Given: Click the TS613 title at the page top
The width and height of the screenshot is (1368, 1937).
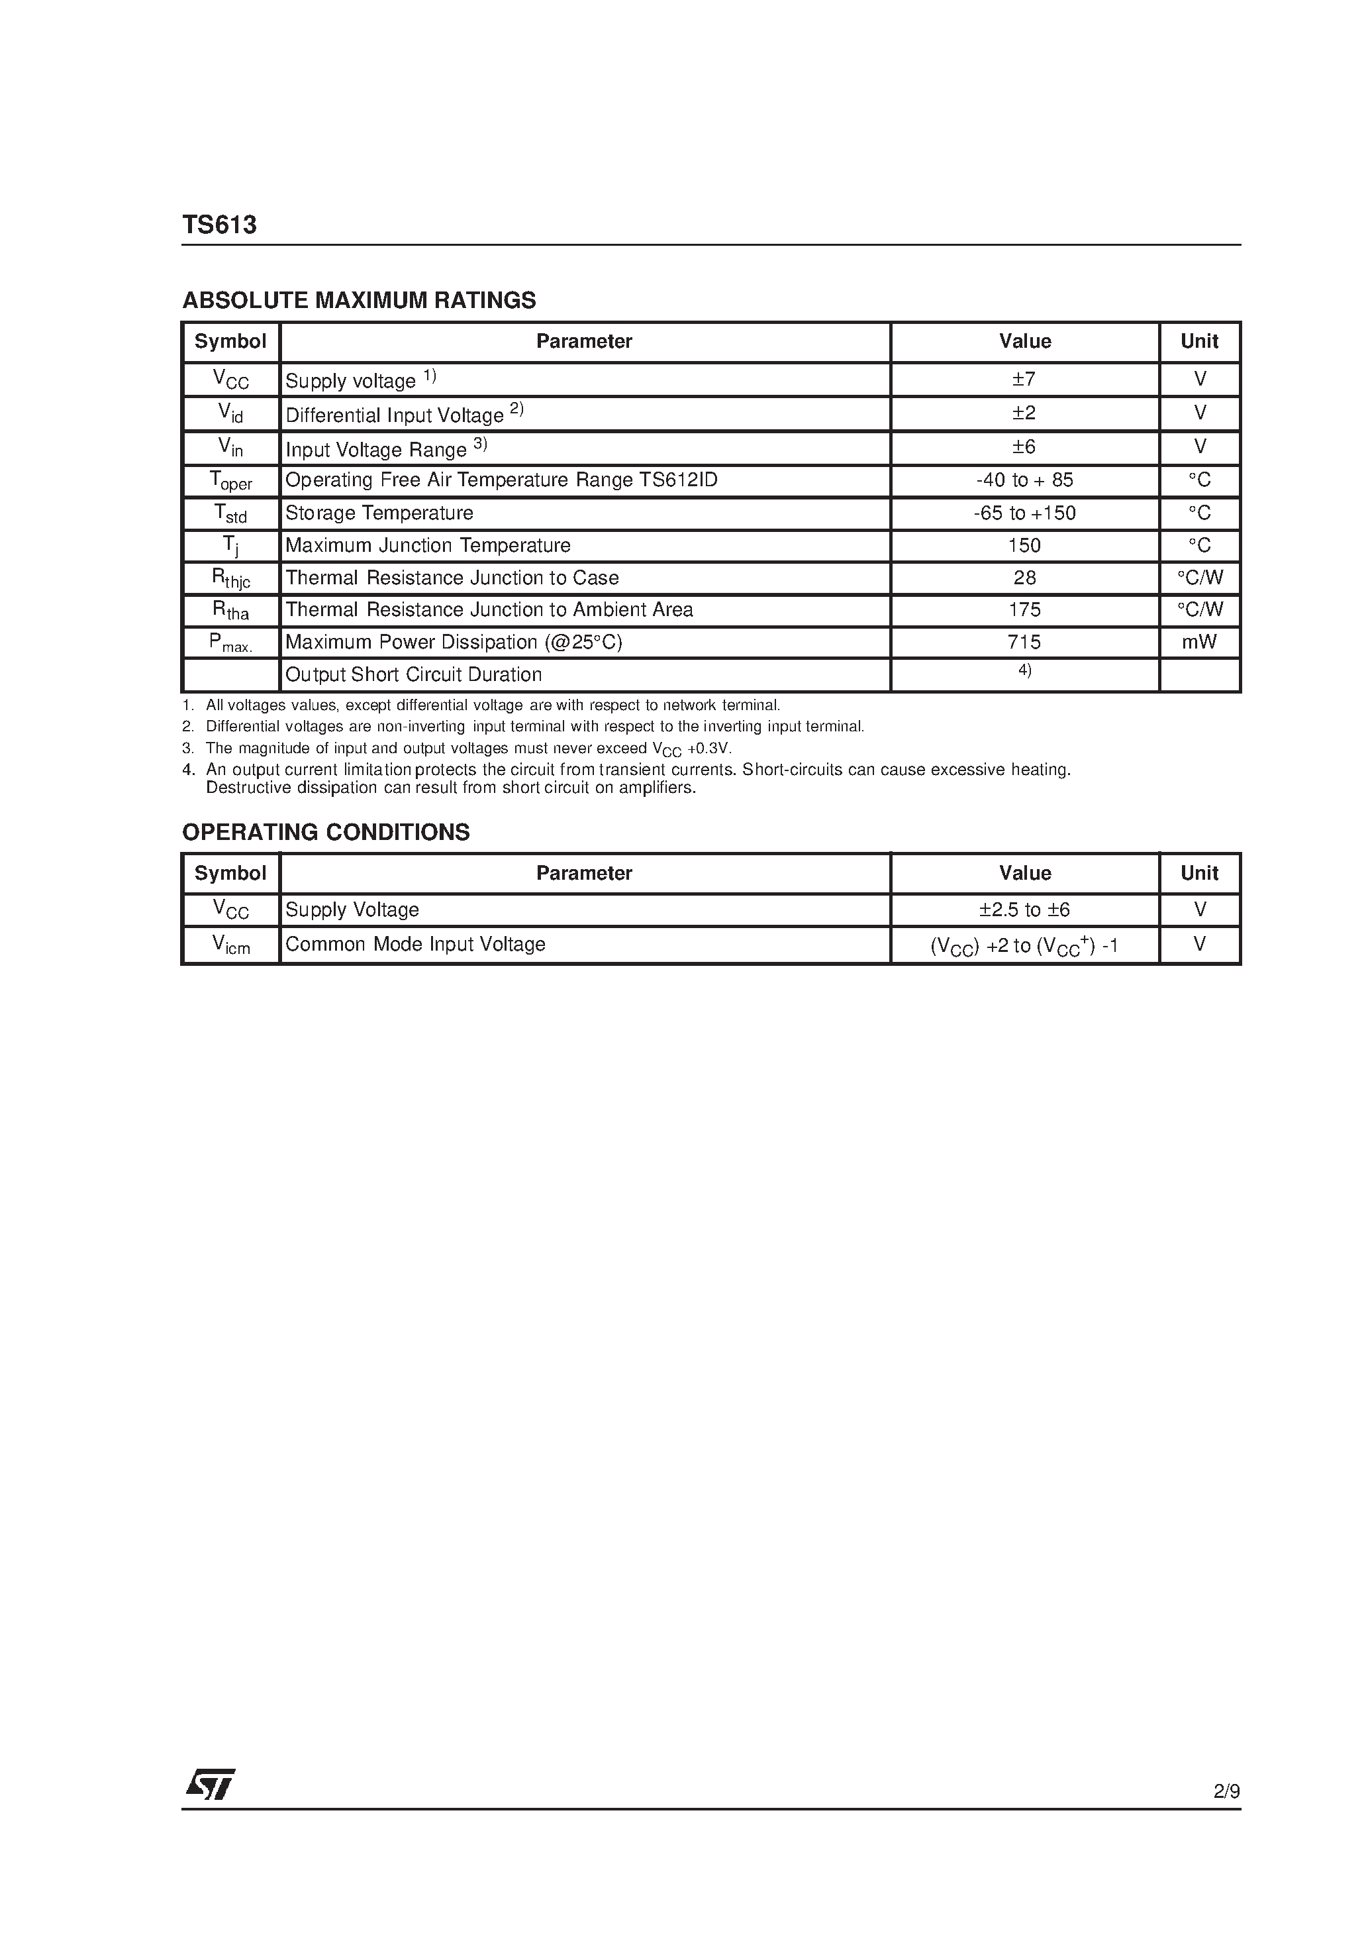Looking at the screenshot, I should [x=219, y=225].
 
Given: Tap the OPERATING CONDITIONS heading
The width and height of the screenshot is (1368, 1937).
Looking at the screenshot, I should [x=326, y=832].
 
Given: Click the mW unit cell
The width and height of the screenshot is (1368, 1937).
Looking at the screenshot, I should [x=1198, y=642].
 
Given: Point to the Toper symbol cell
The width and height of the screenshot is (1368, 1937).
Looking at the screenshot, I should [x=230, y=482].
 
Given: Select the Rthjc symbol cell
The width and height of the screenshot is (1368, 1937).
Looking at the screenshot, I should [x=230, y=579].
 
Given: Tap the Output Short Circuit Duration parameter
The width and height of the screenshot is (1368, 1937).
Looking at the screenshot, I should [x=413, y=675].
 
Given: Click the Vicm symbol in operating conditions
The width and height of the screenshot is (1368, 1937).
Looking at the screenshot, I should [x=230, y=946].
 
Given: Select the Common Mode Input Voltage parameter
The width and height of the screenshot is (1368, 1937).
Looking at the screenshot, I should [x=415, y=944].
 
